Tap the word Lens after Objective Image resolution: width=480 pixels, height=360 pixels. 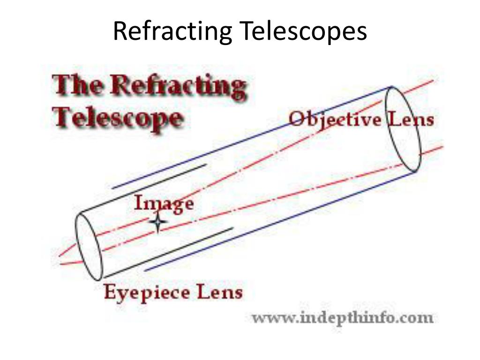coord(410,119)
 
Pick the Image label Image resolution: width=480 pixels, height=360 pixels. coord(164,204)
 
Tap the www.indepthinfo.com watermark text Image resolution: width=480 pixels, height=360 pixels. coord(343,318)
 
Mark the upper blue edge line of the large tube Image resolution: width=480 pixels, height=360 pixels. coord(253,136)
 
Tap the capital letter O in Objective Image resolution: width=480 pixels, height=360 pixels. coord(296,119)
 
